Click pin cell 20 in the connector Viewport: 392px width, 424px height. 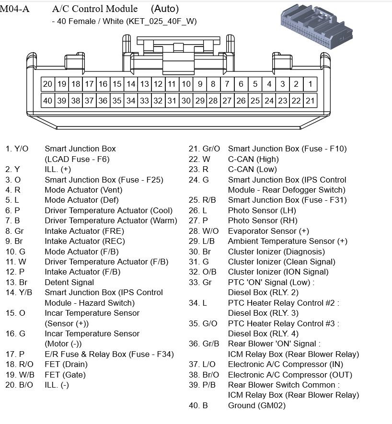pyautogui.click(x=47, y=84)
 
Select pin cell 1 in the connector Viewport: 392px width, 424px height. pyautogui.click(x=310, y=84)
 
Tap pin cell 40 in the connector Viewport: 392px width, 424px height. pyautogui.click(x=47, y=101)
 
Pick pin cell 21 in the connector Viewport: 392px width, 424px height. pyautogui.click(x=310, y=101)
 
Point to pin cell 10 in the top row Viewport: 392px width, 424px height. pyautogui.click(x=186, y=84)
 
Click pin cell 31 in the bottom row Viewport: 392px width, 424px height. pyautogui.click(x=172, y=101)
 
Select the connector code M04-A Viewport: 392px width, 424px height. pyautogui.click(x=14, y=9)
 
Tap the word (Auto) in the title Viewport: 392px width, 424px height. pyautogui.click(x=164, y=9)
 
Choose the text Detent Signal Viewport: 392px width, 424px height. pyautogui.click(x=69, y=282)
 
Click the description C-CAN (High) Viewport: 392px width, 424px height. pyautogui.click(x=253, y=159)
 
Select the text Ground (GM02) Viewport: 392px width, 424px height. pyautogui.click(x=256, y=405)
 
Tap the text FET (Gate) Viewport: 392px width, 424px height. pyautogui.click(x=65, y=375)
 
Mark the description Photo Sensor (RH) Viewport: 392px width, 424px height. pyautogui.click(x=262, y=221)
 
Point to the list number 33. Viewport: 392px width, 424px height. pyautogui.click(x=194, y=282)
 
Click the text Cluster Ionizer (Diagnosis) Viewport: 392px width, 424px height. pyautogui.click(x=276, y=252)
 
